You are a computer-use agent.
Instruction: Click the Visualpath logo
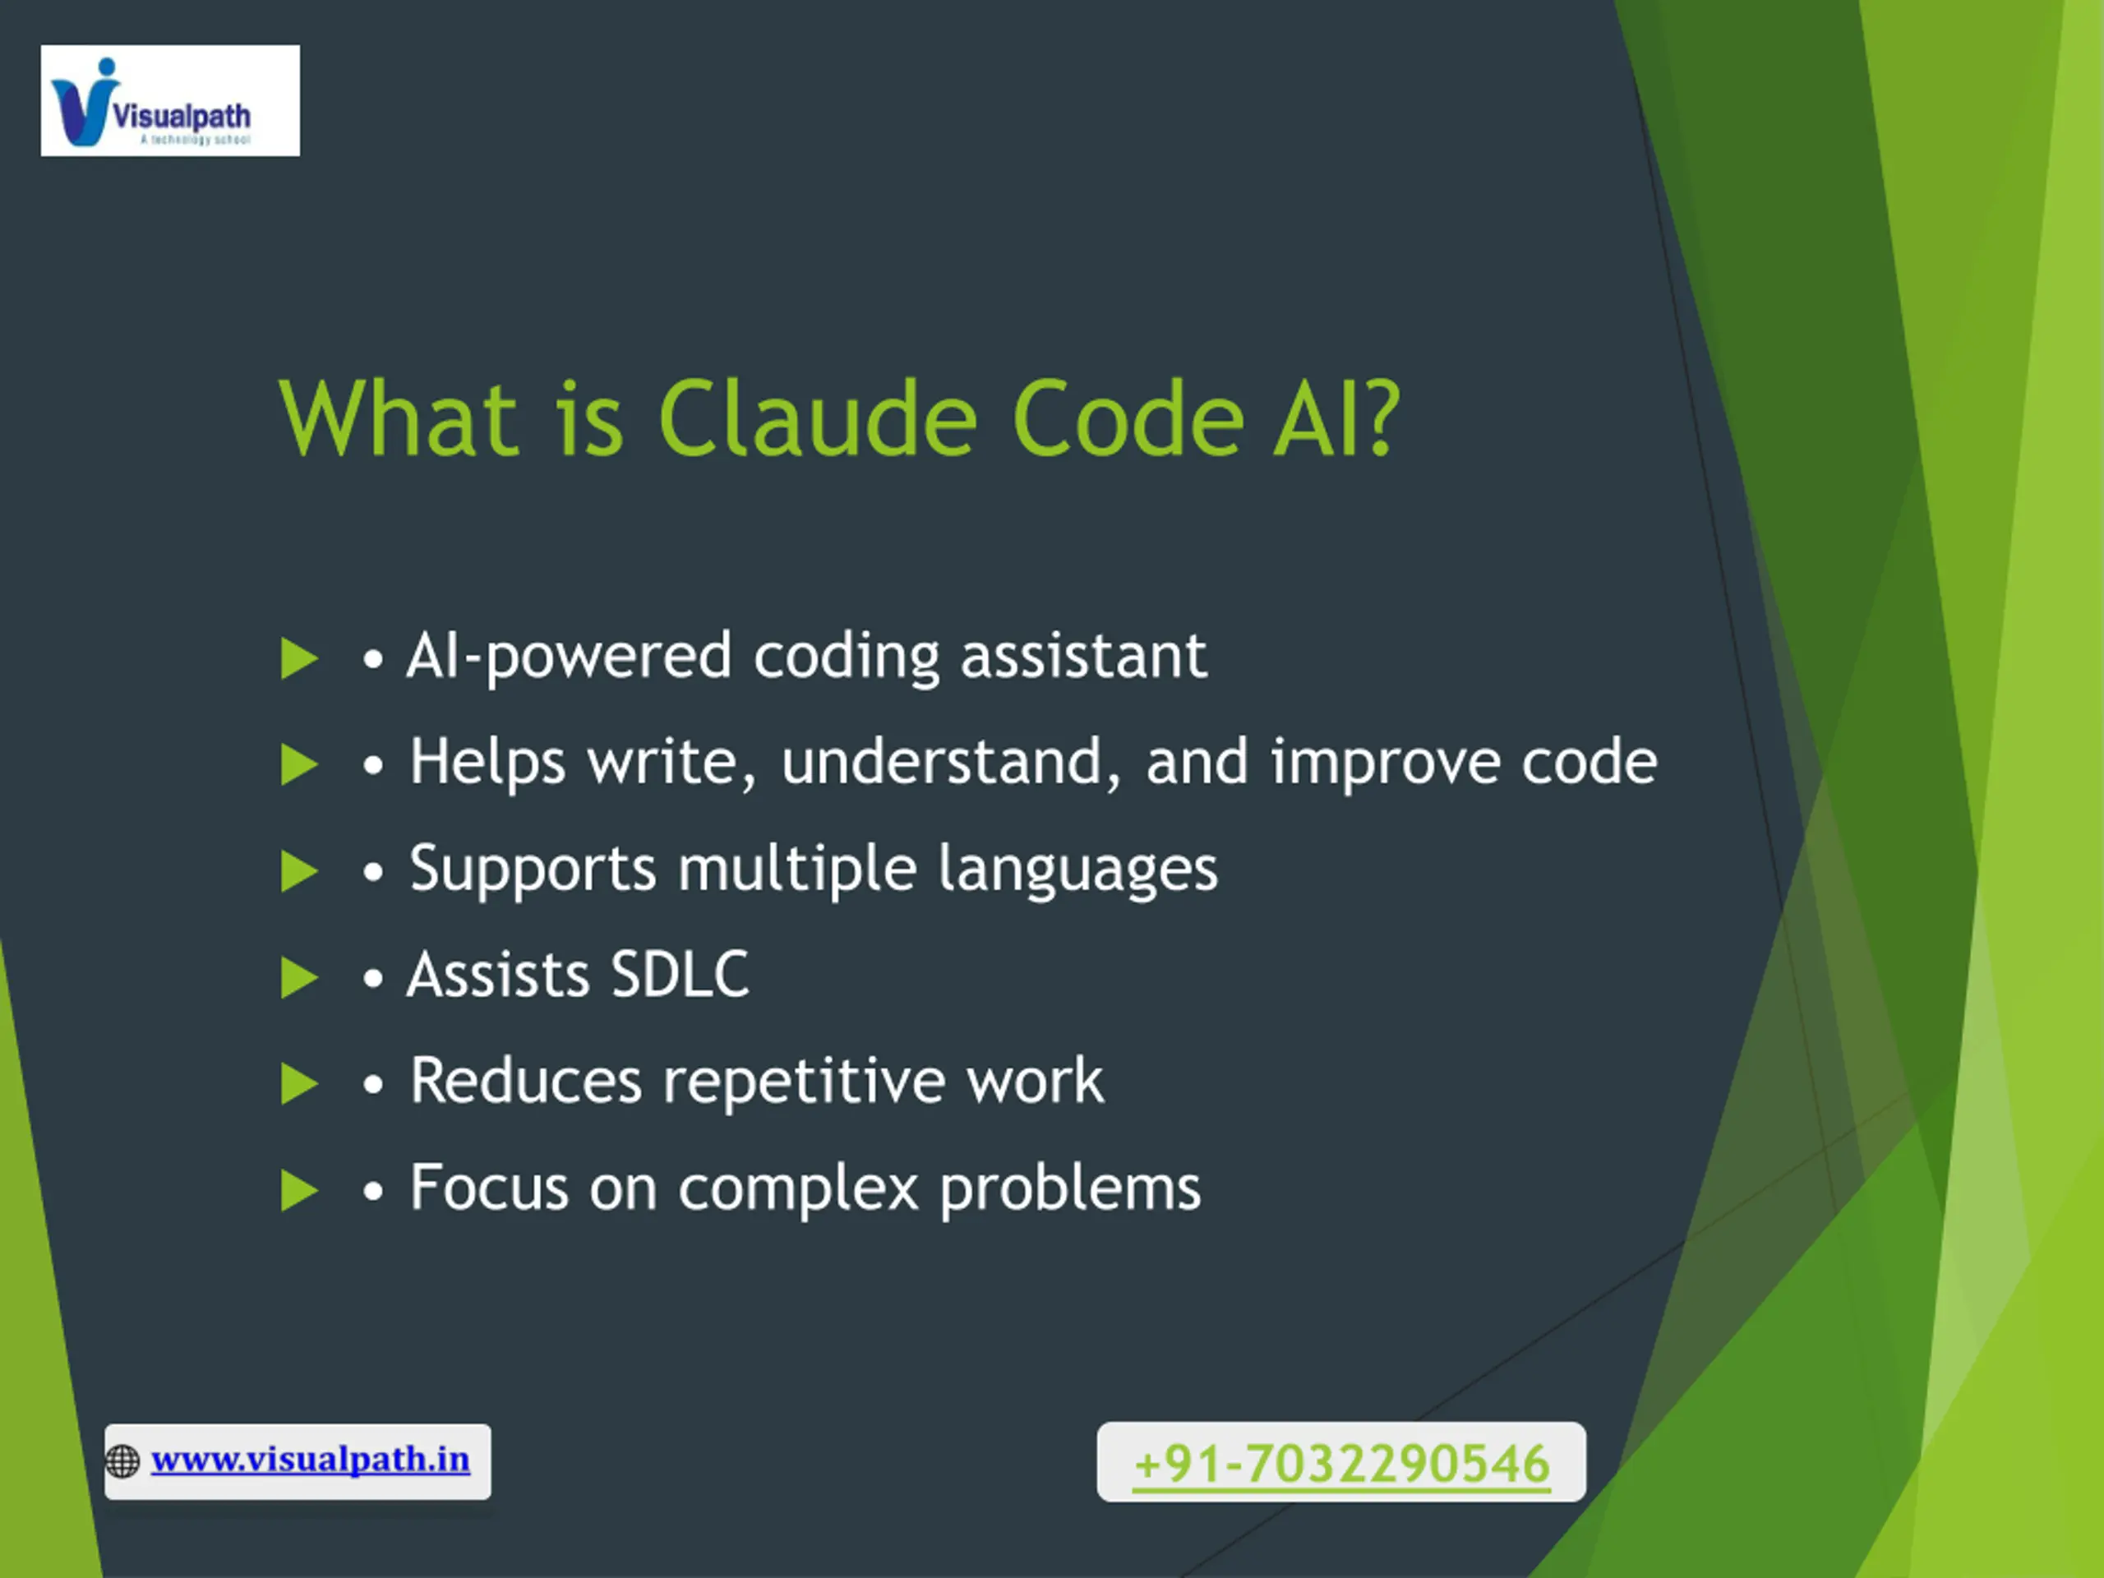(170, 100)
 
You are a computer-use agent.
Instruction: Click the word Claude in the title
(817, 418)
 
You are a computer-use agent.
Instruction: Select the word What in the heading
(399, 418)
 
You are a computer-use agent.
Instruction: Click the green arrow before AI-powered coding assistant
(298, 658)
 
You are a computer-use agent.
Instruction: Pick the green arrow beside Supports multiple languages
(298, 871)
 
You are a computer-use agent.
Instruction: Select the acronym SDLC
(679, 975)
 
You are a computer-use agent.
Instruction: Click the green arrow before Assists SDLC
(298, 978)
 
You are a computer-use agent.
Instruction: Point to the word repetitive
(803, 1082)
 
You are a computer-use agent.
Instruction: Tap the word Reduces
(526, 1081)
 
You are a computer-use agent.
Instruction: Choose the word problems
(1071, 1189)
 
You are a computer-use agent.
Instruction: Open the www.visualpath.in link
(310, 1460)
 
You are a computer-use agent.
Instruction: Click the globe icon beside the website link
(122, 1461)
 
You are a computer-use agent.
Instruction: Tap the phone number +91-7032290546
(1341, 1464)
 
